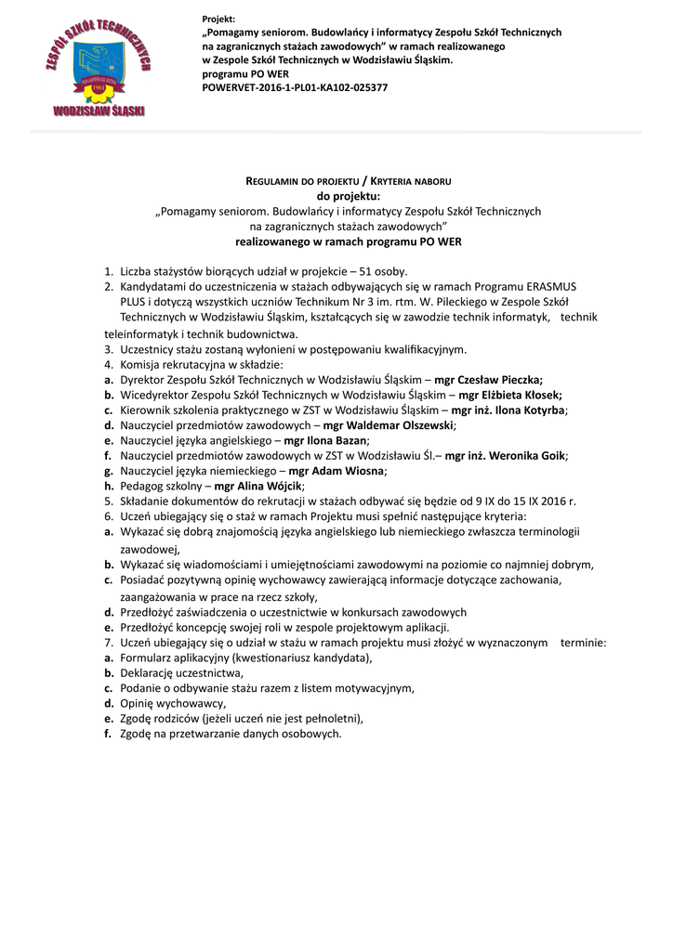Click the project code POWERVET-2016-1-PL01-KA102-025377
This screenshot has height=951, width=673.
point(295,87)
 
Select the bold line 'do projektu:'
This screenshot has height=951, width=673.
point(349,196)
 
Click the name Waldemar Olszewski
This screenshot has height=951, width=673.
point(400,424)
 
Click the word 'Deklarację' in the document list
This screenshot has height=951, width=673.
point(149,673)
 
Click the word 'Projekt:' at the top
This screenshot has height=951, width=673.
point(218,20)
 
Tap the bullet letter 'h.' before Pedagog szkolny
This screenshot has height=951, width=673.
point(110,486)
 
